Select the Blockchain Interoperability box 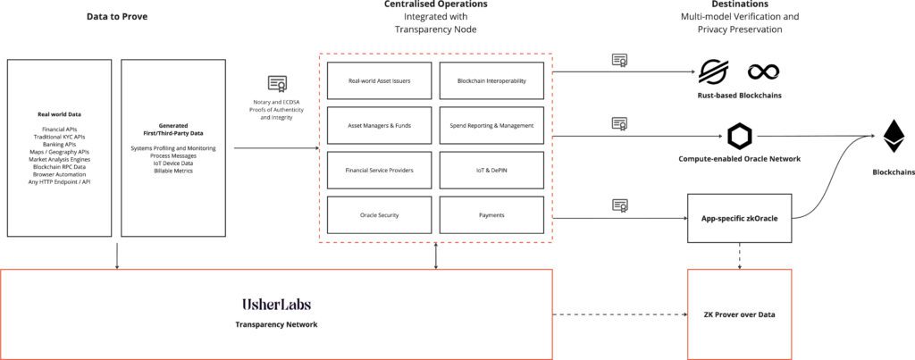click(x=491, y=80)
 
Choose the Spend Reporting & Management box click(x=491, y=125)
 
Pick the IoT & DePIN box click(x=491, y=170)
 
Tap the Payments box click(x=491, y=214)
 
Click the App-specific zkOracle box click(x=739, y=217)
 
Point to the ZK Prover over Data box click(x=739, y=314)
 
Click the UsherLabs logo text click(x=276, y=305)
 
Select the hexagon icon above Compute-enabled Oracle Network click(x=739, y=136)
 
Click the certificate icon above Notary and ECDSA click(x=277, y=84)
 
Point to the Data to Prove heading click(x=117, y=17)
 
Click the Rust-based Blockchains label click(x=739, y=96)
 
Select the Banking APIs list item click(x=60, y=144)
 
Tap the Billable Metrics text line click(x=173, y=169)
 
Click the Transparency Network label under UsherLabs click(x=276, y=324)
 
